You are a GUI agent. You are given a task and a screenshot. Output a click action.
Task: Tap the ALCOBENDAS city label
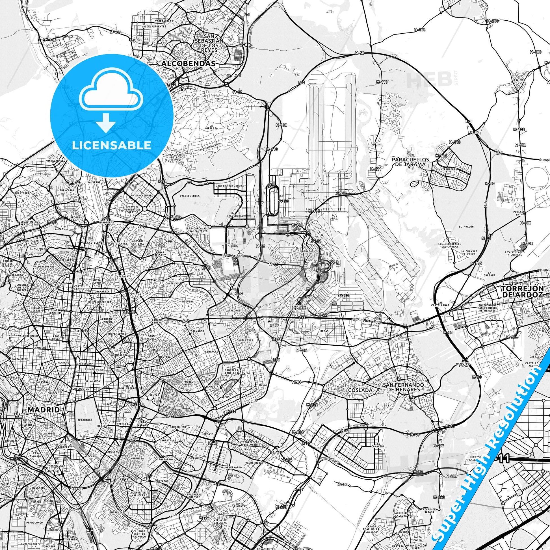click(188, 64)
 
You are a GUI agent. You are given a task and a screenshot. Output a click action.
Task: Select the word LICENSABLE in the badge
click(112, 145)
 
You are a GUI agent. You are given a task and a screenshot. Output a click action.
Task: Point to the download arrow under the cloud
click(106, 122)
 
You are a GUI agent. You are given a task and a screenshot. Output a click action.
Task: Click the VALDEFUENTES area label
click(190, 196)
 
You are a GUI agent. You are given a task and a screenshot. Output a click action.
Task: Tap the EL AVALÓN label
click(466, 227)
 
